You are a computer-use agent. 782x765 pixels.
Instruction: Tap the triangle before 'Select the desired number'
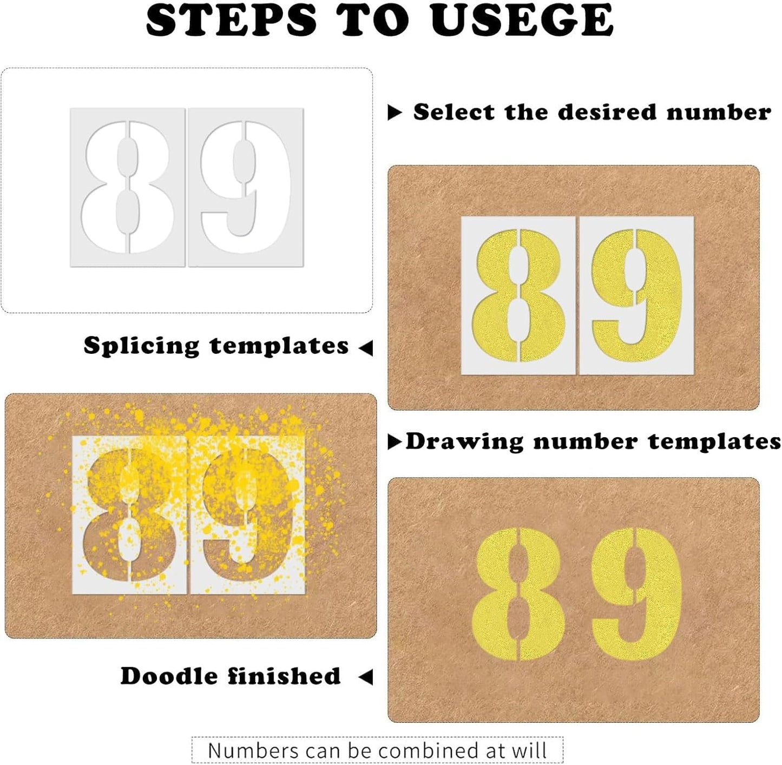395,113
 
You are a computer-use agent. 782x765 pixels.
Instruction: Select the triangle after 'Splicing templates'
366,348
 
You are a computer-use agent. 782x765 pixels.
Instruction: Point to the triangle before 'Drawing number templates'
395,442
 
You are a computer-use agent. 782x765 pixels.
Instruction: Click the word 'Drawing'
464,442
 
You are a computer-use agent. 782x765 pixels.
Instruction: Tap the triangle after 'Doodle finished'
366,676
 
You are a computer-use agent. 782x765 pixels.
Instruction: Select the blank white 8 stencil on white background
128,187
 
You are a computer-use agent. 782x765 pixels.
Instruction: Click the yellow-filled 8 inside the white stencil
518,295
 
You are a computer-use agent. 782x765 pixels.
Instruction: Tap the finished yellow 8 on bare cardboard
518,594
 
